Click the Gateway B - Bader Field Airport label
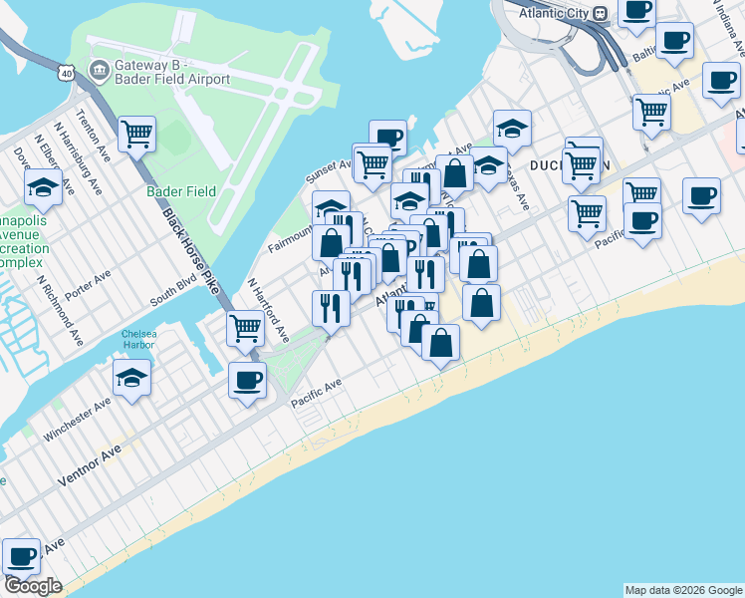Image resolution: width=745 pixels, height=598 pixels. click(x=173, y=72)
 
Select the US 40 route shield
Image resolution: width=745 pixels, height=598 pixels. click(x=66, y=74)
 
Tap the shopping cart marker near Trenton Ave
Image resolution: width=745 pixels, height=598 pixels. click(x=136, y=134)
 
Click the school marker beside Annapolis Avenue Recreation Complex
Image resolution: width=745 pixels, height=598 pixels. click(x=43, y=186)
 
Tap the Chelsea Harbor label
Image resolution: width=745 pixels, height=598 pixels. click(x=138, y=340)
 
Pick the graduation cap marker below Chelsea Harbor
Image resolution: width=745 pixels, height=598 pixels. click(x=131, y=378)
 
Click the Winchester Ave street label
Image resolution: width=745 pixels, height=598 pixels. click(x=78, y=422)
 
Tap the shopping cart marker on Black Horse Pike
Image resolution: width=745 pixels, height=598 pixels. click(x=245, y=327)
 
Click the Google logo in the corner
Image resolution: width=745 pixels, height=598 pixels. click(x=33, y=586)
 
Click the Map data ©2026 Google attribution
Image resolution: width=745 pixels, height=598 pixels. click(x=682, y=590)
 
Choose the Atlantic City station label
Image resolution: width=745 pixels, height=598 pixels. click(x=552, y=13)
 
